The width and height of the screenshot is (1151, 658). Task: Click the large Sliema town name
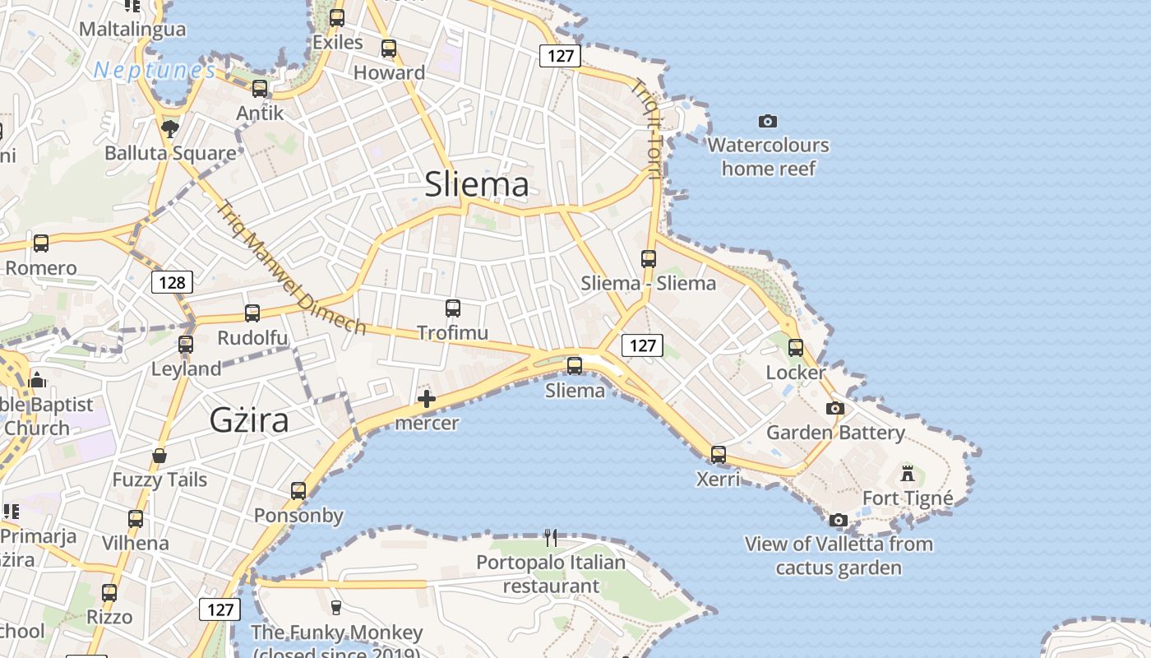pyautogui.click(x=477, y=184)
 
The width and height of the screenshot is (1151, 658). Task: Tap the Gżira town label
pyautogui.click(x=249, y=420)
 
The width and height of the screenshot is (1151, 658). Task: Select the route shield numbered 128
pyautogui.click(x=173, y=283)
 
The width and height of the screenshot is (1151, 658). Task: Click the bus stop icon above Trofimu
pyautogui.click(x=453, y=308)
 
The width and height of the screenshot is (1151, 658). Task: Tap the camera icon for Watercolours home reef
pyautogui.click(x=768, y=122)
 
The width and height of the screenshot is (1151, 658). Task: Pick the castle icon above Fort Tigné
pyautogui.click(x=908, y=474)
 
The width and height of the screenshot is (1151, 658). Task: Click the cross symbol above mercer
pyautogui.click(x=427, y=400)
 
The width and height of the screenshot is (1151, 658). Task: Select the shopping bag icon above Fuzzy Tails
pyautogui.click(x=159, y=456)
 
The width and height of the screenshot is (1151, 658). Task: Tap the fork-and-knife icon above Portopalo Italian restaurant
pyautogui.click(x=551, y=538)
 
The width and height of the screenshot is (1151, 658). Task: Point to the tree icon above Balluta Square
pyautogui.click(x=170, y=128)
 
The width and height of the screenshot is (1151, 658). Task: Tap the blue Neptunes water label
pyautogui.click(x=155, y=71)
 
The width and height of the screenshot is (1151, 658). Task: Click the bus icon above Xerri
pyautogui.click(x=719, y=454)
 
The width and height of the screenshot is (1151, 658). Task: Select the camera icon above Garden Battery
pyautogui.click(x=835, y=408)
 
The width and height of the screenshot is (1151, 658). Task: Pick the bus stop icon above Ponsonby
pyautogui.click(x=298, y=491)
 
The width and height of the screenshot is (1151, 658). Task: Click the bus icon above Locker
pyautogui.click(x=796, y=348)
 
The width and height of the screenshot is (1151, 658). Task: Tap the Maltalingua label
pyautogui.click(x=132, y=30)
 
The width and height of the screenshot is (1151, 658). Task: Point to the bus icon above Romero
pyautogui.click(x=41, y=243)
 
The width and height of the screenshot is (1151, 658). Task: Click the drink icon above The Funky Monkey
pyautogui.click(x=335, y=608)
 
